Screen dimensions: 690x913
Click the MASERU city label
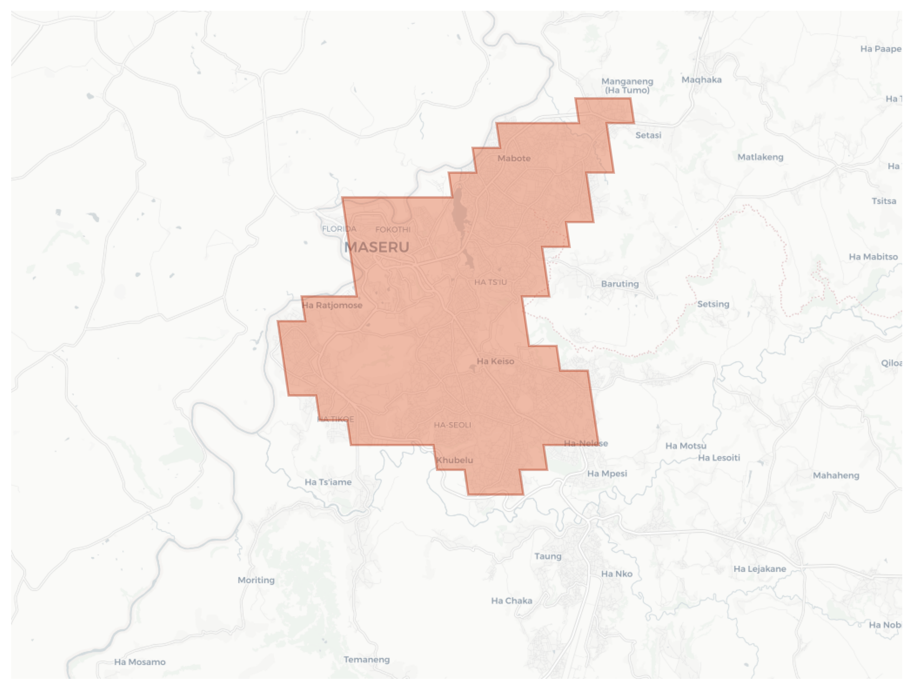point(376,247)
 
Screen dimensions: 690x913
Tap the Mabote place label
point(514,158)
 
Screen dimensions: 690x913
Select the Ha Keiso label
point(495,361)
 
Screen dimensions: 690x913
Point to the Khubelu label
point(454,460)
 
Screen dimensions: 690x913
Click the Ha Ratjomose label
point(332,305)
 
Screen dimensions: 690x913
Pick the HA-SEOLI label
point(452,425)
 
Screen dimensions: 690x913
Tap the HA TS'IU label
point(490,282)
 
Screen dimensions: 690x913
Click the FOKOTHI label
point(393,229)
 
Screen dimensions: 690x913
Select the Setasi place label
point(648,135)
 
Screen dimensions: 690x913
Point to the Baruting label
point(619,284)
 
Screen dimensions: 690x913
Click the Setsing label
point(713,304)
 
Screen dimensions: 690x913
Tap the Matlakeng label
point(760,157)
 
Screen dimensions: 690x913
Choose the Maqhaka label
point(701,80)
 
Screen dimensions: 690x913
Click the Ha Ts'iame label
point(328,482)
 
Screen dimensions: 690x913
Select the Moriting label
point(256,580)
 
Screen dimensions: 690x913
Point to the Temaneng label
point(367,660)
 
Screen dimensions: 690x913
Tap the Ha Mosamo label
point(140,662)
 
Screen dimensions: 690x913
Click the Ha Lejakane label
point(759,569)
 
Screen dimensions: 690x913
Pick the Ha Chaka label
point(511,601)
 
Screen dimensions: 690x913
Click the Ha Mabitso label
point(873,257)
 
